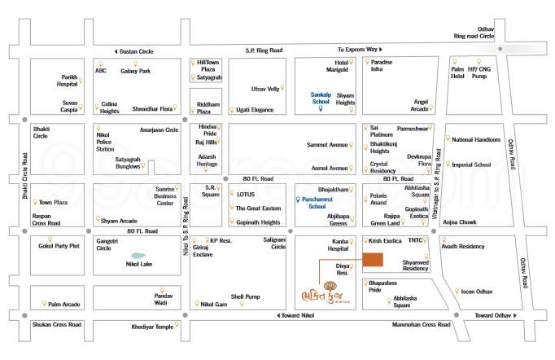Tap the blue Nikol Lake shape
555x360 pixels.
(138, 255)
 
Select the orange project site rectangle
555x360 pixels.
(371, 260)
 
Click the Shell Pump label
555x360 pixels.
(244, 296)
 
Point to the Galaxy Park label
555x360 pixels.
(135, 71)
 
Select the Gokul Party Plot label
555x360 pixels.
(59, 245)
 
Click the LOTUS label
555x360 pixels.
(246, 195)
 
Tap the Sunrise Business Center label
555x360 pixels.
(165, 195)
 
